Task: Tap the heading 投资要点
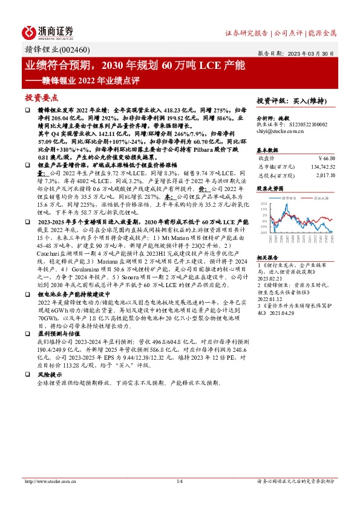[x=41, y=97]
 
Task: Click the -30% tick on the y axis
[x=263, y=232]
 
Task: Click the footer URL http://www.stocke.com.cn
[x=53, y=481]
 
